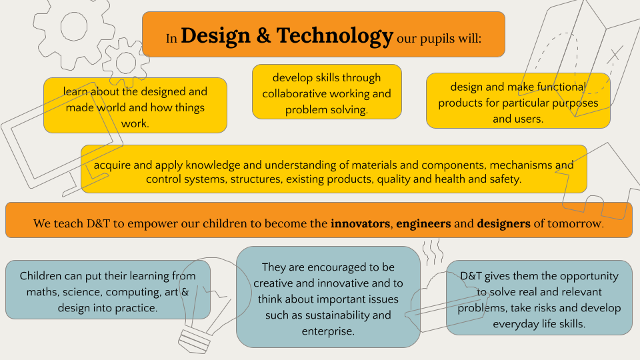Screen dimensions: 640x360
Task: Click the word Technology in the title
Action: click(x=335, y=36)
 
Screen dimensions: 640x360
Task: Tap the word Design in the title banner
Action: click(x=215, y=35)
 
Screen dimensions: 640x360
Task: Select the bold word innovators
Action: click(x=361, y=224)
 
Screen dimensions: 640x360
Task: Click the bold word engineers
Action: click(x=423, y=224)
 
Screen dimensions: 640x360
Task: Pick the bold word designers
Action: click(x=504, y=224)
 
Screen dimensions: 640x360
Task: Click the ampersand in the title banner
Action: click(x=264, y=36)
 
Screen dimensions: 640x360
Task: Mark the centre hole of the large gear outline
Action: click(x=74, y=27)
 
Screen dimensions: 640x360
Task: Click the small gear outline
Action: click(x=126, y=63)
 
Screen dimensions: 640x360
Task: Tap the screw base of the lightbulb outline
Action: click(x=195, y=341)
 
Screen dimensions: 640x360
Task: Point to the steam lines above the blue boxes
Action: click(x=433, y=253)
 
